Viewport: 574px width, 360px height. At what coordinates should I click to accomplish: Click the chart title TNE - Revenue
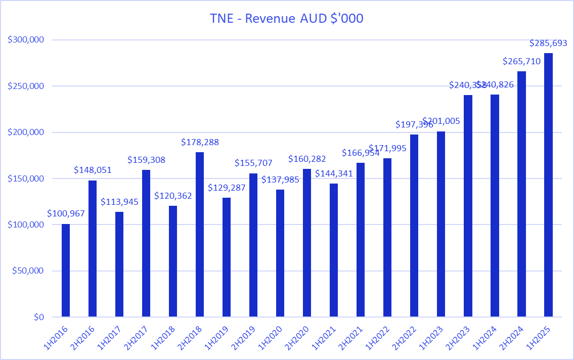tap(287, 19)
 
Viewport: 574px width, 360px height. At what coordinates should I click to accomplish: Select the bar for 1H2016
tap(66, 271)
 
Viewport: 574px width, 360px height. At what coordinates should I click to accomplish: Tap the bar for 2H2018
tap(200, 235)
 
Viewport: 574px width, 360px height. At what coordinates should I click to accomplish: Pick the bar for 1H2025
tap(548, 185)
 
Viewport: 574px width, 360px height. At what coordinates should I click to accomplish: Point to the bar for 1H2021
tap(334, 250)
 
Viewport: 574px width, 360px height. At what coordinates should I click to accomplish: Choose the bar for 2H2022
tap(414, 226)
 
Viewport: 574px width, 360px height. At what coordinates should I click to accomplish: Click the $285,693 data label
tap(548, 43)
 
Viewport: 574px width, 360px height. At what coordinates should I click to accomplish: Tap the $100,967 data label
tap(66, 213)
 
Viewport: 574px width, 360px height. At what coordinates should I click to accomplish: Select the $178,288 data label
tap(200, 142)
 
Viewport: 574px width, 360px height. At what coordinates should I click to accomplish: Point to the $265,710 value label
tap(521, 62)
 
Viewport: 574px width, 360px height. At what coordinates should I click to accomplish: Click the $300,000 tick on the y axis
tap(27, 40)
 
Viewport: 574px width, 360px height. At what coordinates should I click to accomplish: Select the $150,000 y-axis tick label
tap(27, 178)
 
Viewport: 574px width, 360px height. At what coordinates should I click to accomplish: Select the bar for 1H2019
tap(227, 257)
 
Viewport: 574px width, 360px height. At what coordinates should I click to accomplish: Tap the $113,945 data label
tap(119, 202)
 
